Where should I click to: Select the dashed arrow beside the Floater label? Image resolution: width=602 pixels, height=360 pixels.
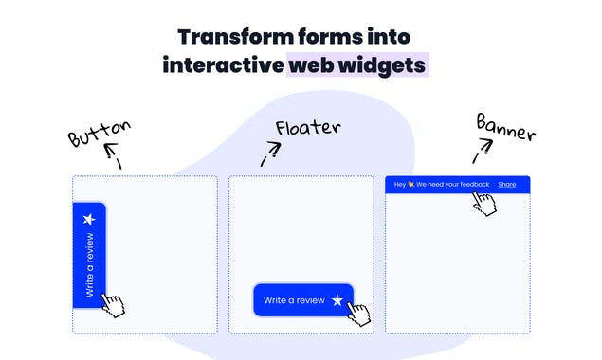(270, 153)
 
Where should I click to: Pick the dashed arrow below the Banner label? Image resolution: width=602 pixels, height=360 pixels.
(483, 149)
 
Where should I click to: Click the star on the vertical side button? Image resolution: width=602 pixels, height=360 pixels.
(89, 219)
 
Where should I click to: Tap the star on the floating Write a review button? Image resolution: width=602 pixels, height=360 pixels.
(337, 300)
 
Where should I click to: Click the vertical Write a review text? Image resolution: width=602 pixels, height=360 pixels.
(89, 266)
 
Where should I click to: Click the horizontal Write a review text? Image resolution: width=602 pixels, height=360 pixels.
(294, 300)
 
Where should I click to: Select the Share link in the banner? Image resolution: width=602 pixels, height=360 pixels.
(506, 184)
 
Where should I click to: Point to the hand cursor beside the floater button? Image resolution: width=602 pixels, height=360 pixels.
(358, 312)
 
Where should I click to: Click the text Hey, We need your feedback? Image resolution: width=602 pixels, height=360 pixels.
(442, 184)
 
